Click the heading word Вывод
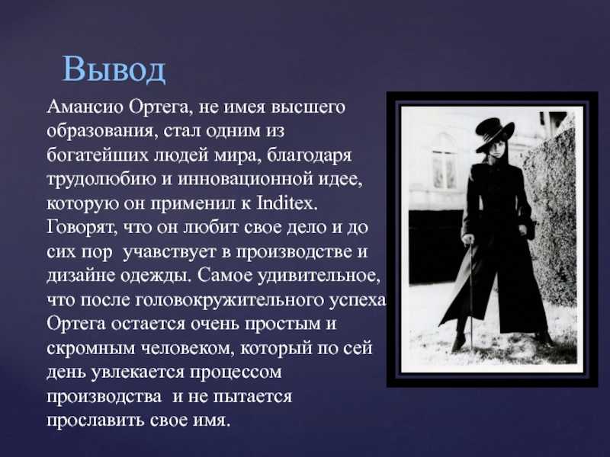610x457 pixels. [114, 69]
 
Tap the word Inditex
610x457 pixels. [287, 203]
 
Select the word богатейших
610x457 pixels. [98, 155]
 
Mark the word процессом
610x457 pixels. [236, 372]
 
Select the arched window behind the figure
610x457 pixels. [444, 161]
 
